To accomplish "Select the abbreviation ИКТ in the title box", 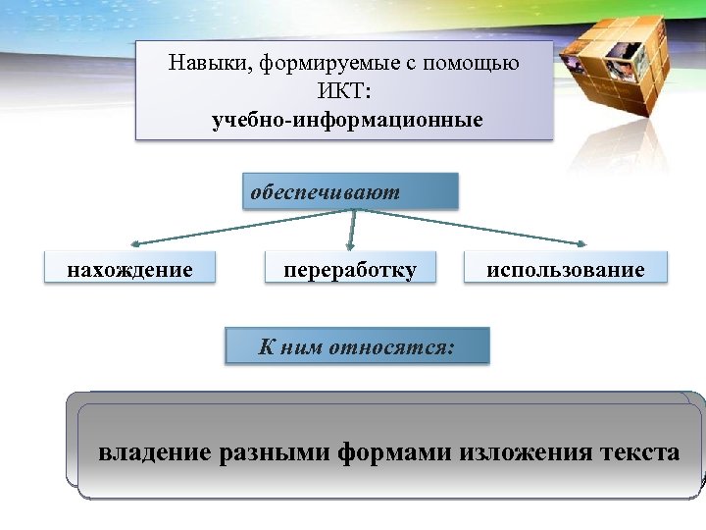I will point(344,93).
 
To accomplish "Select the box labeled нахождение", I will point(129,269).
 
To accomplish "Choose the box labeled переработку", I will point(350,269).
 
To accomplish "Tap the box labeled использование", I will point(567,269).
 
